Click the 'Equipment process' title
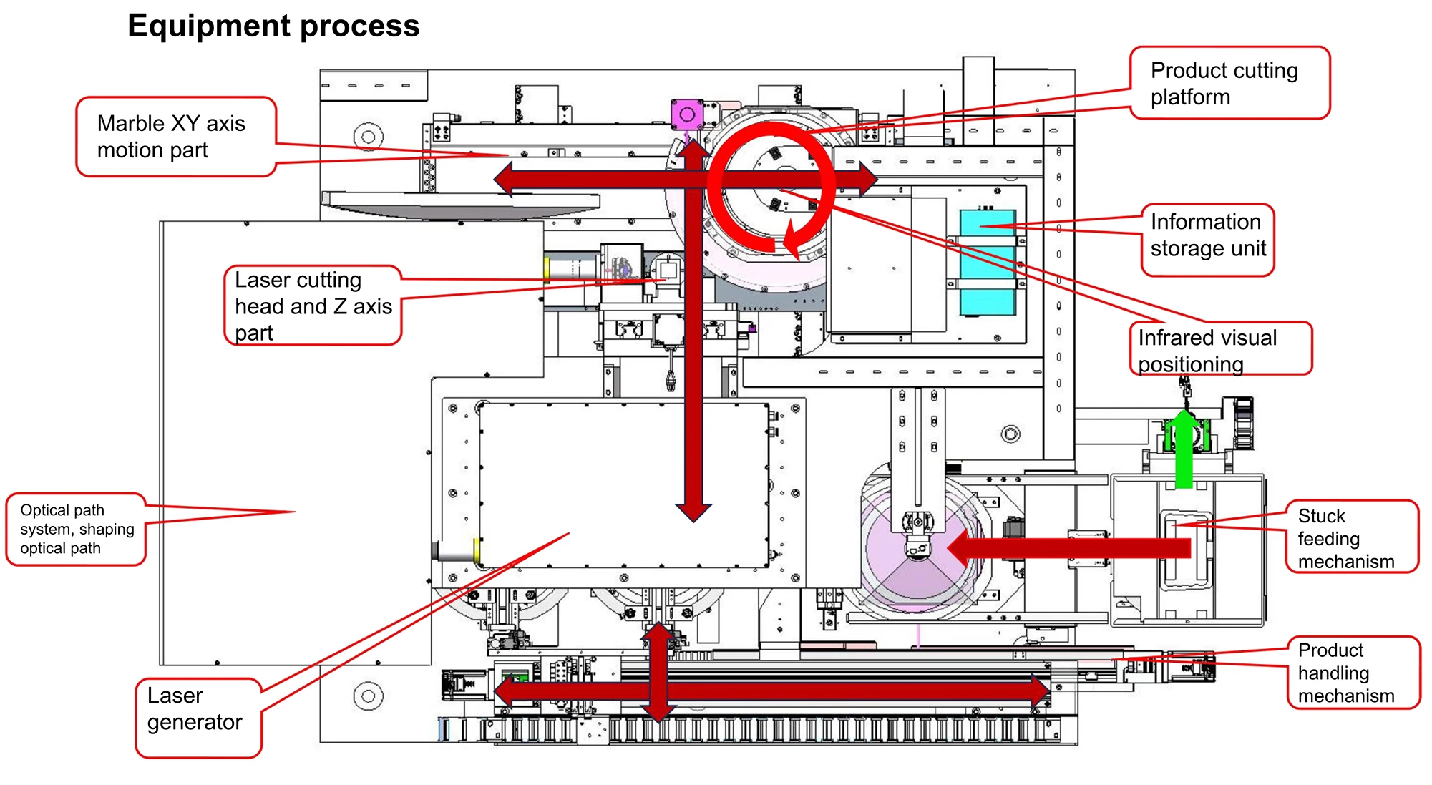click(273, 26)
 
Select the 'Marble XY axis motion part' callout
click(176, 137)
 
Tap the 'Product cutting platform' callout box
click(1229, 83)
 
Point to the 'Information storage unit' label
click(1208, 235)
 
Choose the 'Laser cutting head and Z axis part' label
click(313, 306)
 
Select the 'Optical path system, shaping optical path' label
click(77, 530)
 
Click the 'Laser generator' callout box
click(198, 717)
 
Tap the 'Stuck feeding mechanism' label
click(1350, 538)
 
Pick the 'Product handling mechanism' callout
click(1352, 673)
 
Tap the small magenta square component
click(687, 114)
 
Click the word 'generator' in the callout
click(195, 723)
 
